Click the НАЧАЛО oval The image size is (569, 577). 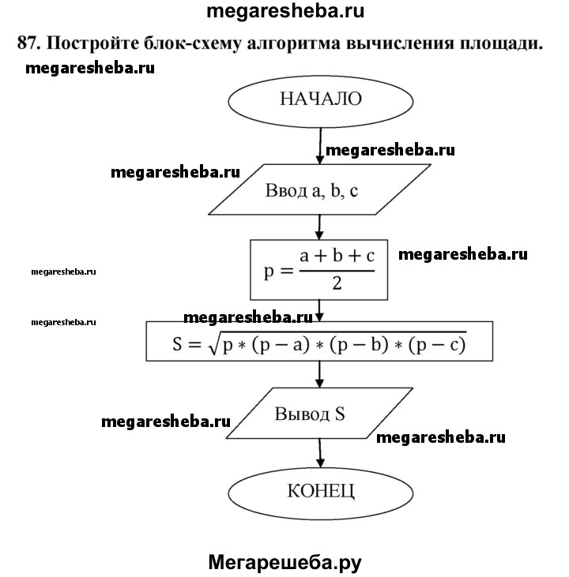pyautogui.click(x=319, y=99)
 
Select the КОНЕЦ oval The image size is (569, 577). pyautogui.click(x=319, y=491)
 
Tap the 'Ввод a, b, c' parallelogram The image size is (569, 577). pyautogui.click(x=319, y=190)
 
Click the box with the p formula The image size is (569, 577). pyautogui.click(x=319, y=269)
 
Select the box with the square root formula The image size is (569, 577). pyautogui.click(x=319, y=343)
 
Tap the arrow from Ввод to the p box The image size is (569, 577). pyautogui.click(x=319, y=227)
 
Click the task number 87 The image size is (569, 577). pyautogui.click(x=28, y=43)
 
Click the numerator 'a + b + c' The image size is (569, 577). pyautogui.click(x=337, y=256)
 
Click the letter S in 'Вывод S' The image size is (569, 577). pyautogui.click(x=338, y=413)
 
